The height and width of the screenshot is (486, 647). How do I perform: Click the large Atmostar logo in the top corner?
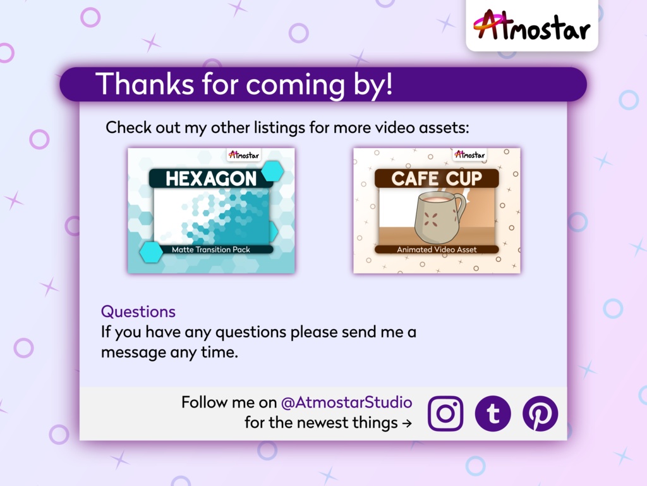point(531,25)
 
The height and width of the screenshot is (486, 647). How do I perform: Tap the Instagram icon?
point(445,414)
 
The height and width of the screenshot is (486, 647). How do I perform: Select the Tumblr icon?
point(493,414)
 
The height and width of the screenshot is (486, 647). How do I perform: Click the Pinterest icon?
point(540,414)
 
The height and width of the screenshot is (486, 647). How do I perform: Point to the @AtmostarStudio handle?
point(346,402)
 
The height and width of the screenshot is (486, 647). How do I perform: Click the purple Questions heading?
point(138,311)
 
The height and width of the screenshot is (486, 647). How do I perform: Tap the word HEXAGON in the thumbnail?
point(211,179)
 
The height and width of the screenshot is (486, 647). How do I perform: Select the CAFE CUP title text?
point(437,178)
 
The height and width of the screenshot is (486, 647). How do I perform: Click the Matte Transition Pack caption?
point(211,249)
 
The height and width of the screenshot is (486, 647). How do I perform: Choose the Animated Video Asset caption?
point(437,249)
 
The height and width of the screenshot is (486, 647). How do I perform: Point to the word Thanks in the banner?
point(145,84)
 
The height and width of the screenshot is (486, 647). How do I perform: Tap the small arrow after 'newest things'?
point(407,423)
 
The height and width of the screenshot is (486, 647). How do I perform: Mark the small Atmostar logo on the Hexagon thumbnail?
point(244,155)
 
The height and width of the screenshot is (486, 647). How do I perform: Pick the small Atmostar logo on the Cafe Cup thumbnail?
point(469,155)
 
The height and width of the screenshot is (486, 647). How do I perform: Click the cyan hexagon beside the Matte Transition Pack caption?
point(151,252)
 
